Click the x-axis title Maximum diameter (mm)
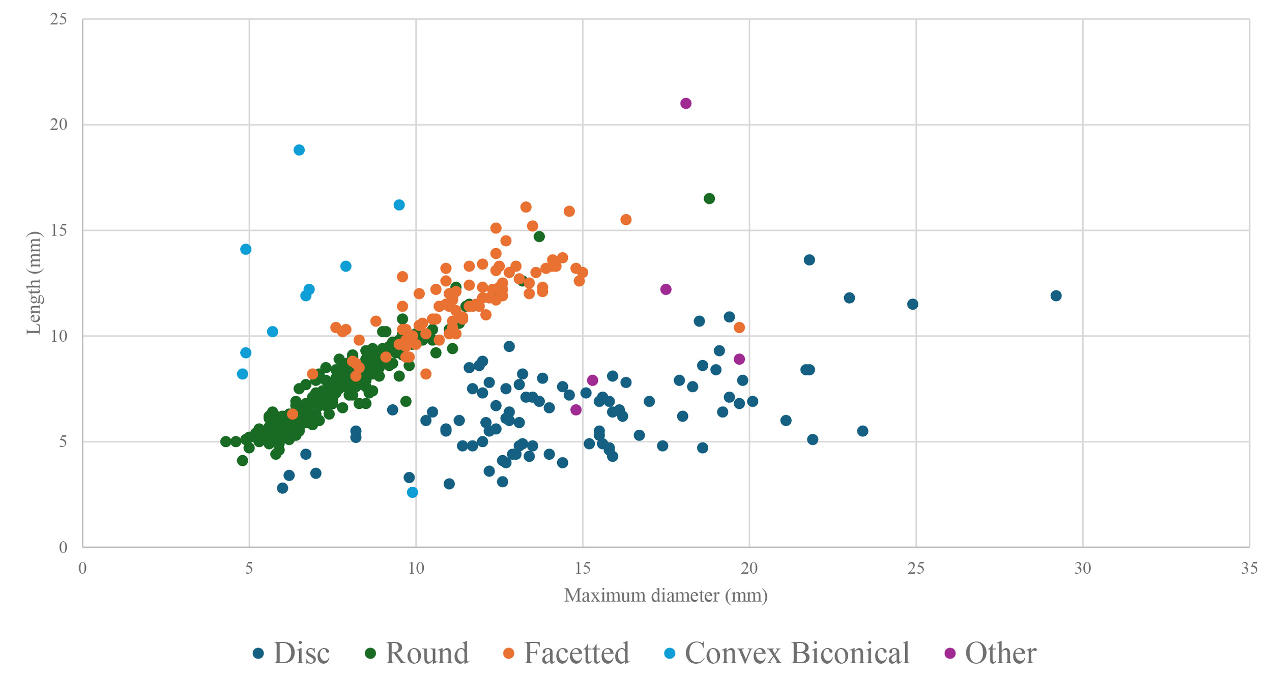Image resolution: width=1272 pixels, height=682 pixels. tap(666, 595)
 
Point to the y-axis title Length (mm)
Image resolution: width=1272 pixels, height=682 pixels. tap(34, 283)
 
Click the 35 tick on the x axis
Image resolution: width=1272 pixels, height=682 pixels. tap(1249, 568)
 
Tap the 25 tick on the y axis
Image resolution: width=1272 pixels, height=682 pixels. tap(59, 19)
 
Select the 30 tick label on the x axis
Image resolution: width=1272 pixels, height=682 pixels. tap(1082, 568)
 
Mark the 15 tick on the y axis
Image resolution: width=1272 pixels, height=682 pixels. tap(59, 230)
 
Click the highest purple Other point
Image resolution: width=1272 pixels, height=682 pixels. tap(686, 104)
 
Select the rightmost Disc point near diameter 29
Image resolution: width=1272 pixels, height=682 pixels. tap(1056, 296)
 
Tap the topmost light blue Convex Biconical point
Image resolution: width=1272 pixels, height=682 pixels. tap(299, 150)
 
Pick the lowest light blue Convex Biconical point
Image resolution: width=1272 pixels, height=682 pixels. tap(413, 492)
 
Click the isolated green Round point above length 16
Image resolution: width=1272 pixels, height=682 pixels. tap(709, 198)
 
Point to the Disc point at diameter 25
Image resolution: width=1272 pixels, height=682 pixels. tap(913, 304)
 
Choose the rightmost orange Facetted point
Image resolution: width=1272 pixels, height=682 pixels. tap(739, 328)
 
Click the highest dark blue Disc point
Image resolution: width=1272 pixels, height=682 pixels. tap(809, 260)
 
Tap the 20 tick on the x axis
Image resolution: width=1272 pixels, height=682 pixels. tap(749, 568)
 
